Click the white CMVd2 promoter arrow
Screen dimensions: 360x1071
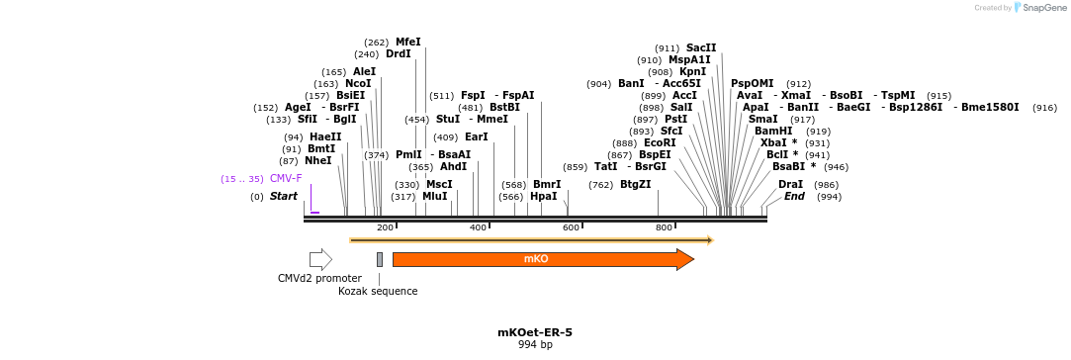coord(320,259)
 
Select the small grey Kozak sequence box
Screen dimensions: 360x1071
coord(379,259)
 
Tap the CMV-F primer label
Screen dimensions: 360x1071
coord(287,179)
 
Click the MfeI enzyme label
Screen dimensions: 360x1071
coord(408,42)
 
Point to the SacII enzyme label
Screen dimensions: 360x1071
coord(701,47)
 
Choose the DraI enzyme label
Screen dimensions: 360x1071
coord(790,185)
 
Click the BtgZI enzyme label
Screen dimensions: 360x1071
coord(636,184)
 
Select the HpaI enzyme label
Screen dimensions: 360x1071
coord(544,197)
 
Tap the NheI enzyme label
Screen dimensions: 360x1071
coord(318,160)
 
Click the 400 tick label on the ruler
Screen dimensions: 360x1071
coord(478,227)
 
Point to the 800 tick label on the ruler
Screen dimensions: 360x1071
coord(665,227)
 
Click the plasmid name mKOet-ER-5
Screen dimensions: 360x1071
coord(535,332)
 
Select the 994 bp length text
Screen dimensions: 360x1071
coord(535,345)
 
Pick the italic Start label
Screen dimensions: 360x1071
coord(284,197)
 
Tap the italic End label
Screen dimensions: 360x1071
coord(794,197)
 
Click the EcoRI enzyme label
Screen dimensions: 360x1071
coord(660,143)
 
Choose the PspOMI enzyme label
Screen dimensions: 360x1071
coord(753,84)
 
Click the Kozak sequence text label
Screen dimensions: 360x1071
coord(378,291)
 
